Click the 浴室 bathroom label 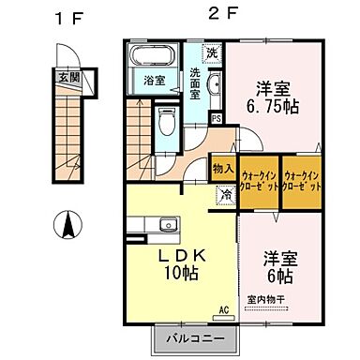click(x=155, y=81)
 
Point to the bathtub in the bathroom click(x=151, y=54)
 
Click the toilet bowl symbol click(x=167, y=123)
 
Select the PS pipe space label click(x=217, y=118)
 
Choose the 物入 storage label click(x=222, y=170)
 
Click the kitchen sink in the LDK click(x=168, y=224)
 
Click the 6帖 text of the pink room click(x=279, y=277)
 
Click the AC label click(x=224, y=308)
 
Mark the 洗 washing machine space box click(x=213, y=52)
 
